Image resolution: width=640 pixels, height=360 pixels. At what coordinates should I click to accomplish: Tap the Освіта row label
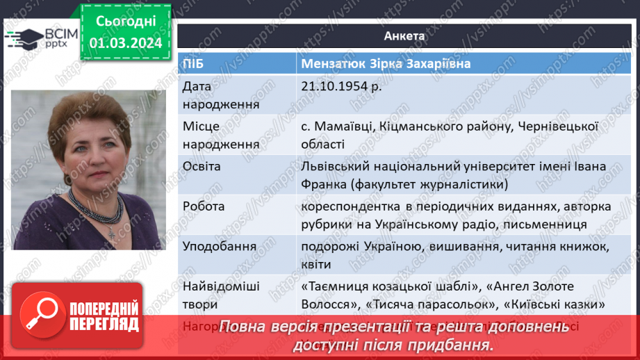(x=202, y=167)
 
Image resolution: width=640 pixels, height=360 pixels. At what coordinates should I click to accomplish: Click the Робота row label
(x=202, y=207)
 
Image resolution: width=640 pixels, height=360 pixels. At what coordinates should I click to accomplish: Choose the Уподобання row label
(x=219, y=247)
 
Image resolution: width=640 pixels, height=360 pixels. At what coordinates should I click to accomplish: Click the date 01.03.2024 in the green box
(x=126, y=43)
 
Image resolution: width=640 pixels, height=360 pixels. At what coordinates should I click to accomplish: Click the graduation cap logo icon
(x=24, y=37)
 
